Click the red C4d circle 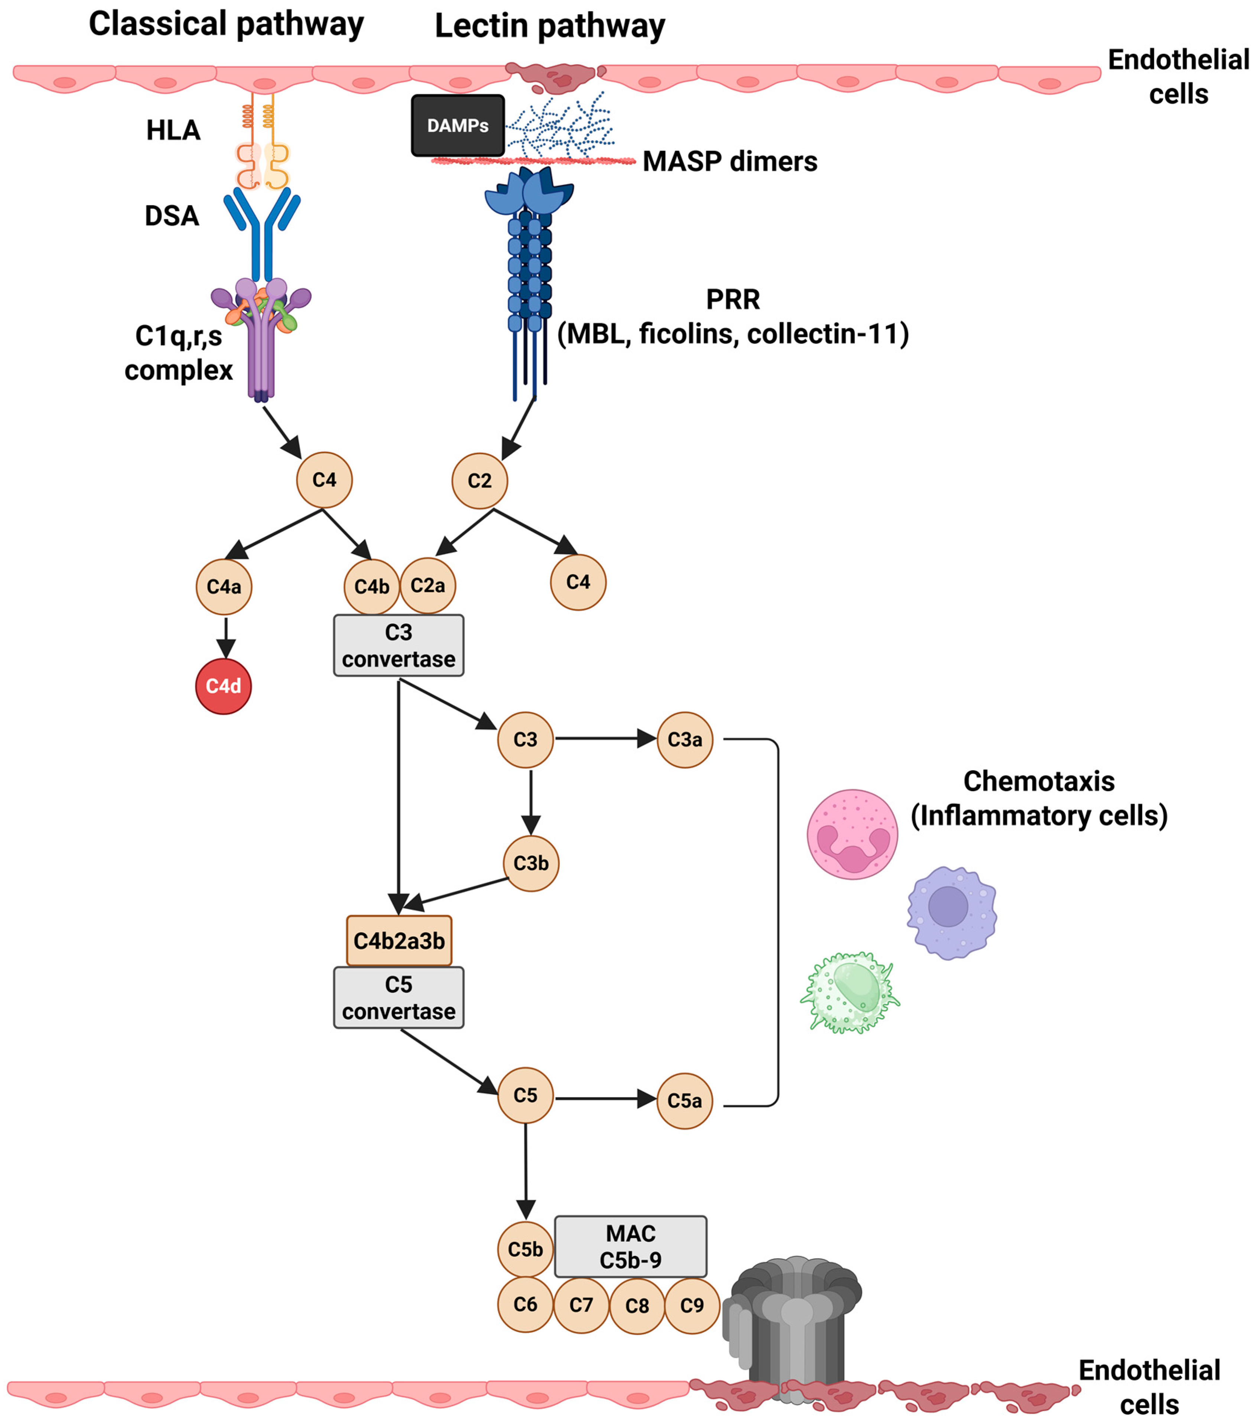224,686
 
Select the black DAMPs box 457,126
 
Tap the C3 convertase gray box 398,645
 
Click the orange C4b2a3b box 399,941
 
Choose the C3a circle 685,739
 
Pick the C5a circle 685,1101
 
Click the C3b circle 531,863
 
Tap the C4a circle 224,587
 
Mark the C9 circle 691,1306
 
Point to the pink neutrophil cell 852,834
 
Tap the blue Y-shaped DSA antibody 262,230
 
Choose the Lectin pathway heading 550,26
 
